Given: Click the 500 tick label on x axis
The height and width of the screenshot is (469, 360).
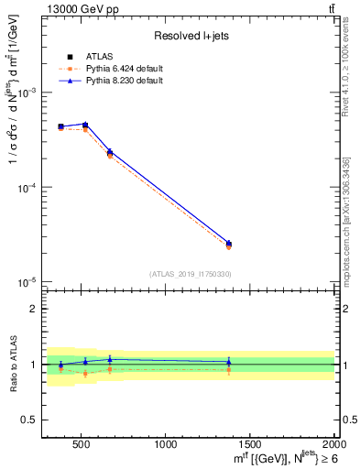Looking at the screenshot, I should click(x=81, y=446).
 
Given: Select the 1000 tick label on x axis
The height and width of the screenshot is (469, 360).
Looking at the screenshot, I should click(x=166, y=446).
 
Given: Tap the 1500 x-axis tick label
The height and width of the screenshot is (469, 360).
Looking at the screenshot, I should click(x=250, y=446).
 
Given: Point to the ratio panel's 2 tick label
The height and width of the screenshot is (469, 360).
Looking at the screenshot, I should click(x=33, y=310).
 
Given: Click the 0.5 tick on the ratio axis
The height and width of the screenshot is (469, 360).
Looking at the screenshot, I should click(x=29, y=420).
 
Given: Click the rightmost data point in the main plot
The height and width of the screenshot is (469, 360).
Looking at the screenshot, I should click(x=229, y=244).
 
